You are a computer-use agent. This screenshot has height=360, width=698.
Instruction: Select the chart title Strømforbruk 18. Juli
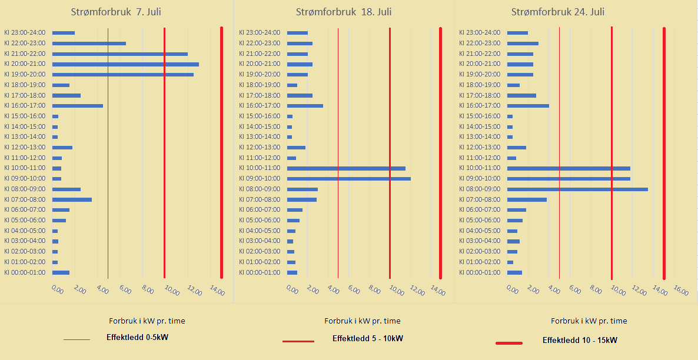click(x=344, y=12)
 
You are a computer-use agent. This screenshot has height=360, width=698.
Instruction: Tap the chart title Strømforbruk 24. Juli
click(x=558, y=12)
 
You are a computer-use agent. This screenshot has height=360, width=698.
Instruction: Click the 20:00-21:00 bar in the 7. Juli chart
click(x=125, y=64)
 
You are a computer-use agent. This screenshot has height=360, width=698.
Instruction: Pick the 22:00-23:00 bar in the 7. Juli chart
click(x=89, y=44)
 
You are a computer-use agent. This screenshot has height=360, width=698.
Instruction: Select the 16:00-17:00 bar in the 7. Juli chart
click(x=78, y=106)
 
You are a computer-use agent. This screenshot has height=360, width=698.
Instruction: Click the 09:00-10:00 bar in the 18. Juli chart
click(x=348, y=179)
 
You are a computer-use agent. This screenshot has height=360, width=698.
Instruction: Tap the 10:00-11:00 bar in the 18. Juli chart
click(x=346, y=168)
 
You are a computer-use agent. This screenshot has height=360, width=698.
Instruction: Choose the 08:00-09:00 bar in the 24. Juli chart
click(x=577, y=189)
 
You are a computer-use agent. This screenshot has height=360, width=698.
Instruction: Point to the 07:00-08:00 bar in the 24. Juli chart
click(x=527, y=200)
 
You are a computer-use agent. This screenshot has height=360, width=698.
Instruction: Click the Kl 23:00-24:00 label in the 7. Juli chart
click(x=25, y=33)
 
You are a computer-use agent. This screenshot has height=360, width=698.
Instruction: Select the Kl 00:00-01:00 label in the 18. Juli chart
click(x=260, y=272)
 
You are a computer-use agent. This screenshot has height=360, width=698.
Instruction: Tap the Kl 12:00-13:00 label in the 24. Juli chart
click(x=480, y=148)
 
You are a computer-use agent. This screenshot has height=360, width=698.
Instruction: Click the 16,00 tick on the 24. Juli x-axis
click(x=680, y=291)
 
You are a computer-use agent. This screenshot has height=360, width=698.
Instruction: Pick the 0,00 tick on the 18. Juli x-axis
click(x=291, y=289)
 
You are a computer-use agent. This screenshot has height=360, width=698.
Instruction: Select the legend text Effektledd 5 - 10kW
click(x=367, y=338)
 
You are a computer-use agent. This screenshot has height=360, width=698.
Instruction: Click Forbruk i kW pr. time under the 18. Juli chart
click(x=362, y=321)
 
